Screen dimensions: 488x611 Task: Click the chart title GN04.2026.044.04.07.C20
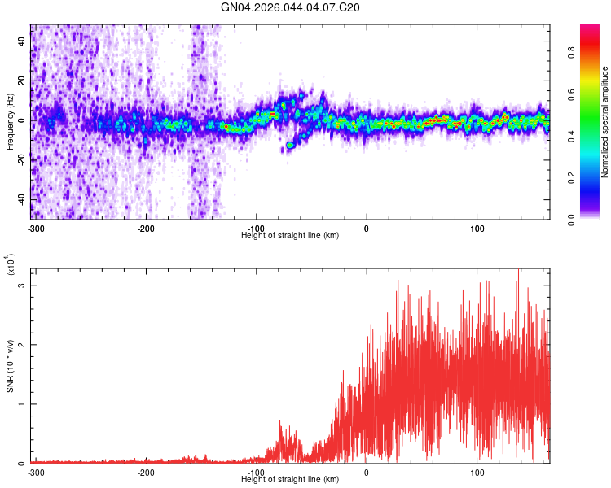(x=291, y=7)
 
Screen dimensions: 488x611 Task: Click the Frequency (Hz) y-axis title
(x=10, y=121)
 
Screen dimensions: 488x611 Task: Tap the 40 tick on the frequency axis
(x=22, y=41)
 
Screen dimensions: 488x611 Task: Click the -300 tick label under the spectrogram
(x=36, y=228)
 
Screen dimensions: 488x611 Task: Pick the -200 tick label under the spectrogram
(x=146, y=228)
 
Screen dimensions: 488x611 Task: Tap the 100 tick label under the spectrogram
(x=477, y=228)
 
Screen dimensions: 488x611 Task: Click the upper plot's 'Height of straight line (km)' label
(x=290, y=235)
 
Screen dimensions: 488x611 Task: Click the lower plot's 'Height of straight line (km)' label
(x=290, y=479)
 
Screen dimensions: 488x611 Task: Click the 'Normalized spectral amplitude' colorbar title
(x=605, y=122)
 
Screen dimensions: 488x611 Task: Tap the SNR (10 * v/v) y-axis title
(x=10, y=365)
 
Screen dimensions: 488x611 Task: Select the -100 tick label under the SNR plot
(x=256, y=472)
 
